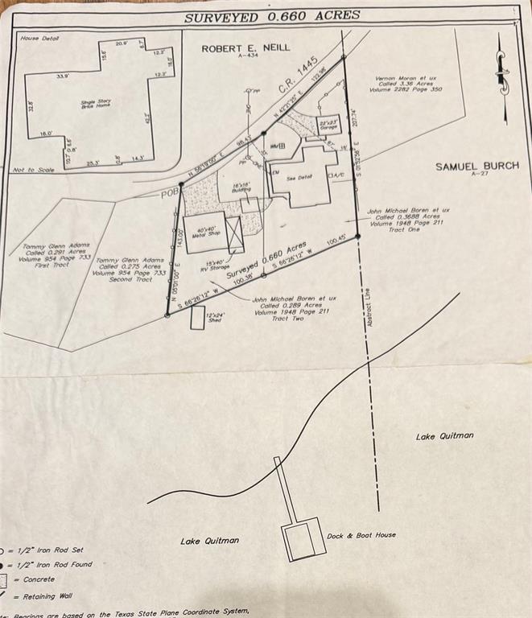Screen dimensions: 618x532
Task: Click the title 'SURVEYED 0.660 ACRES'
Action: [x=272, y=16]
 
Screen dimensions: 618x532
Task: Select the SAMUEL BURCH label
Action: [x=477, y=167]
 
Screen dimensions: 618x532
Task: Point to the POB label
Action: [x=168, y=193]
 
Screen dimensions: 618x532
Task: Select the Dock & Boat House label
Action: [x=361, y=535]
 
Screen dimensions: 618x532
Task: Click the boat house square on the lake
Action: [x=303, y=542]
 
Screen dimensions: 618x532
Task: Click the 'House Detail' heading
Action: [x=40, y=38]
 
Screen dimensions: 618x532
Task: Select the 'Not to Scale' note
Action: [x=33, y=170]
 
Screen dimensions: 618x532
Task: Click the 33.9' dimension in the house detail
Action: [x=61, y=76]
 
